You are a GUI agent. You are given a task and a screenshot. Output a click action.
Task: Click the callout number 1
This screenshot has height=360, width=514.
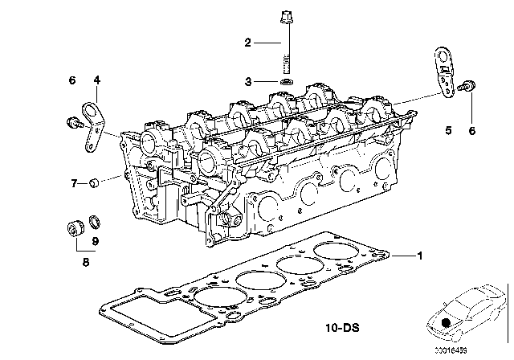click(x=418, y=256)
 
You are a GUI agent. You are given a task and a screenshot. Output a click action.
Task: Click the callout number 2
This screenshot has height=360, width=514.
click(x=249, y=42)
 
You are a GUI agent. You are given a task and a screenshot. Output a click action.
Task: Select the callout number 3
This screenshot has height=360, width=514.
click(x=249, y=81)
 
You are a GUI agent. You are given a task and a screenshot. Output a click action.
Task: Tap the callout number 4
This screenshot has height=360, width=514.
click(x=96, y=80)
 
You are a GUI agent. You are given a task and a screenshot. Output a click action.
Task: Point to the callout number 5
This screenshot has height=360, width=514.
click(x=449, y=129)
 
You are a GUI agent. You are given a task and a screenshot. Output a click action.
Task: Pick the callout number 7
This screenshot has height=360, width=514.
click(x=73, y=183)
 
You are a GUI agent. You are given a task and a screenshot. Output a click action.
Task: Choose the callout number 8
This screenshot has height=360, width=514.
click(x=86, y=261)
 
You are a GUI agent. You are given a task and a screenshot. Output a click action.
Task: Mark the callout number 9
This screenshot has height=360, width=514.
click(x=96, y=239)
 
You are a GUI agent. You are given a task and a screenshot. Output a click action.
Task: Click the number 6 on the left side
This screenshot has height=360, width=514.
click(x=72, y=80)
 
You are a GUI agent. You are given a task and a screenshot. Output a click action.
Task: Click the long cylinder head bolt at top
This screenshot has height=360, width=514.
click(x=287, y=40)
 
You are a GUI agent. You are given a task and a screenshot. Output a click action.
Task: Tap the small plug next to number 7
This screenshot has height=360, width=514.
click(x=95, y=183)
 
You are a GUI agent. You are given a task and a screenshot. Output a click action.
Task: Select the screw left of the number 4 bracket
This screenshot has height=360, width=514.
click(x=71, y=122)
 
